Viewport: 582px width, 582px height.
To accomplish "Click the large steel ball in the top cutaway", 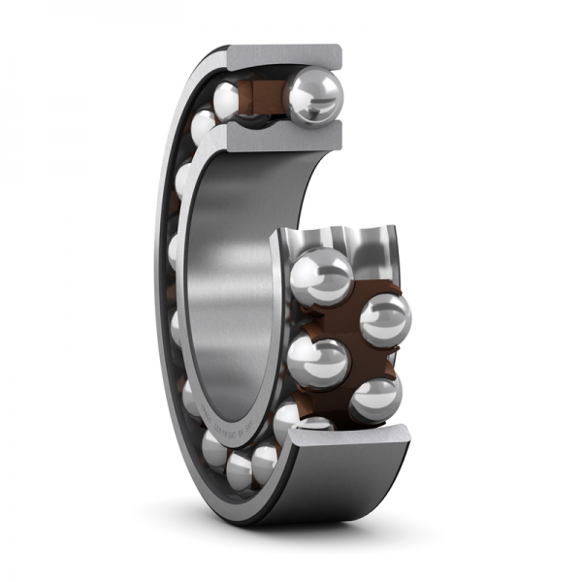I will (x=313, y=95).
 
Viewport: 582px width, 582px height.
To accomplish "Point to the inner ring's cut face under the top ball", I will (x=281, y=137).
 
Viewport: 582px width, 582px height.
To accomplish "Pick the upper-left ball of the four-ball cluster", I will (x=321, y=276).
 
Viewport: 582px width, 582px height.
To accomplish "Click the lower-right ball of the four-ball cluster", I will (x=375, y=398).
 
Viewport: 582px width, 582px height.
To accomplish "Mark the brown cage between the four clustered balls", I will (x=349, y=330).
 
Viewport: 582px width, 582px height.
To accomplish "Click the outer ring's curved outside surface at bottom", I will (x=320, y=495).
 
